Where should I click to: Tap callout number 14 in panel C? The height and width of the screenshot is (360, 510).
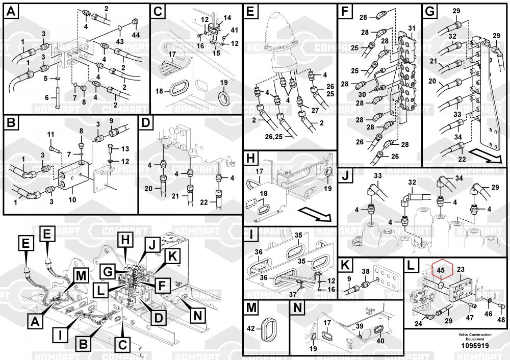tap(227, 17)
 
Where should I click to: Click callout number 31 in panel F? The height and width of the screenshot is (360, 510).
tap(412, 28)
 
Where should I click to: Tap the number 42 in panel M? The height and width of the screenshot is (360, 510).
tap(251, 329)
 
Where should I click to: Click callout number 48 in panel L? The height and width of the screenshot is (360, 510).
tap(501, 320)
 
